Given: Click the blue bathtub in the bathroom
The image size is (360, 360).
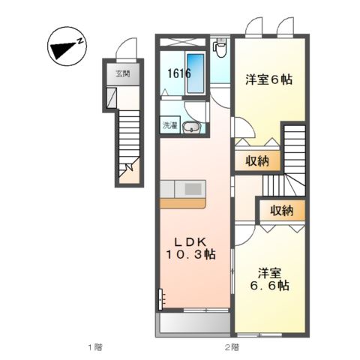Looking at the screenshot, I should [194, 73].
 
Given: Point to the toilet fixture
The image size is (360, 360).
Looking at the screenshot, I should [220, 49].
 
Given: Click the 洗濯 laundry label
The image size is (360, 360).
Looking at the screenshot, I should [170, 127].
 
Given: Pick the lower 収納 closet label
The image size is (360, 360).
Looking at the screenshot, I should [282, 209].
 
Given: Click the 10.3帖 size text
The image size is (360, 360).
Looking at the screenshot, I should [190, 256].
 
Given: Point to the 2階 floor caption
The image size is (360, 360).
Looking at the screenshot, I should [231, 346].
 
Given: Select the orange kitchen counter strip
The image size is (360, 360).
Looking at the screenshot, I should [182, 203].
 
